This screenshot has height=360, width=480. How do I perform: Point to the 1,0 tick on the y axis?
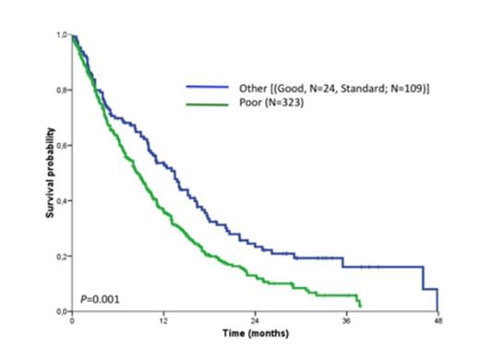[63, 35]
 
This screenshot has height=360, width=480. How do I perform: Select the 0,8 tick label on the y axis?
[63, 90]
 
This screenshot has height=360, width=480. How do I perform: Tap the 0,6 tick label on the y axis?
[63, 145]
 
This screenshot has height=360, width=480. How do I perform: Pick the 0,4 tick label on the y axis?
[63, 200]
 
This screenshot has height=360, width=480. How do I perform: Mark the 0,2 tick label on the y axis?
[63, 256]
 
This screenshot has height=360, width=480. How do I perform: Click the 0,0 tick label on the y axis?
[63, 311]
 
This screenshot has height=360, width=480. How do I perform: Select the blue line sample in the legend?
[207, 88]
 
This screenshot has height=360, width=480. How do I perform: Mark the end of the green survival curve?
[361, 306]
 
